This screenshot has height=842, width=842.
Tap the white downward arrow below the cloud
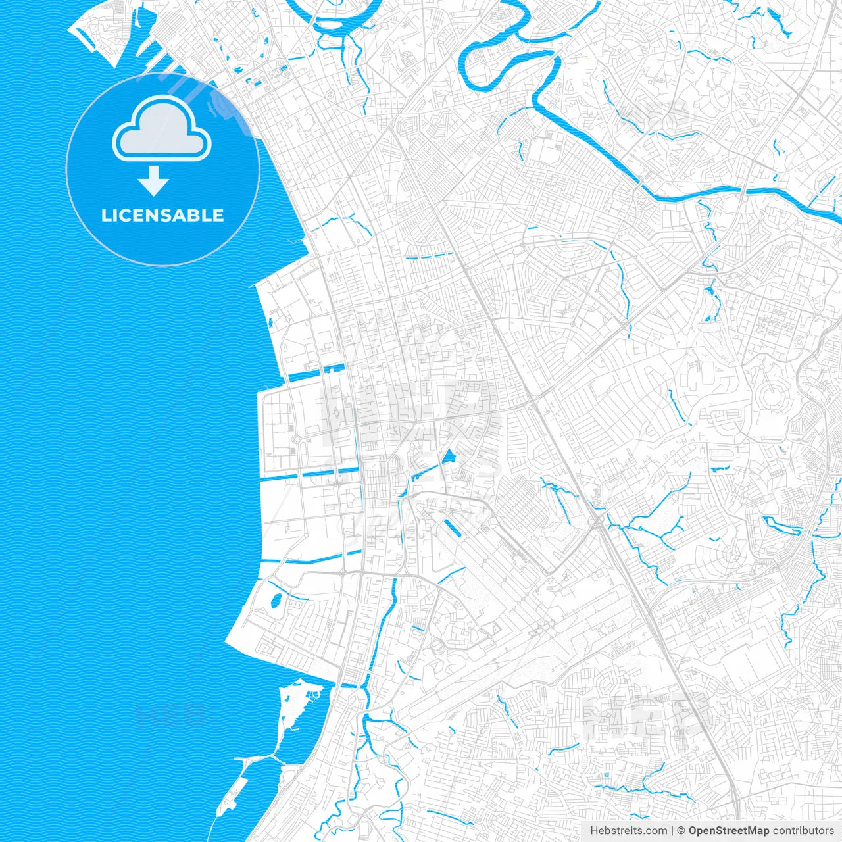(x=154, y=181)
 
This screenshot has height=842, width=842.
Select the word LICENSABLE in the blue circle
(x=162, y=215)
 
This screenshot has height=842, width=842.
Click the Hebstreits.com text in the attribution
(x=628, y=831)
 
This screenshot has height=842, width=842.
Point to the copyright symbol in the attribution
(x=681, y=831)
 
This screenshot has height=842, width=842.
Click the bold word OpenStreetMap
(x=729, y=831)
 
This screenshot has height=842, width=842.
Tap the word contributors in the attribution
(x=803, y=831)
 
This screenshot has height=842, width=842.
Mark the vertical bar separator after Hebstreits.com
(x=672, y=831)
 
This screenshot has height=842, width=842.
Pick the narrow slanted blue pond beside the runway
(x=453, y=528)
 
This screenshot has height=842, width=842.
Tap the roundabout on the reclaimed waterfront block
(x=297, y=439)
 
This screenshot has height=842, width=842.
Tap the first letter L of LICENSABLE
(x=106, y=215)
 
